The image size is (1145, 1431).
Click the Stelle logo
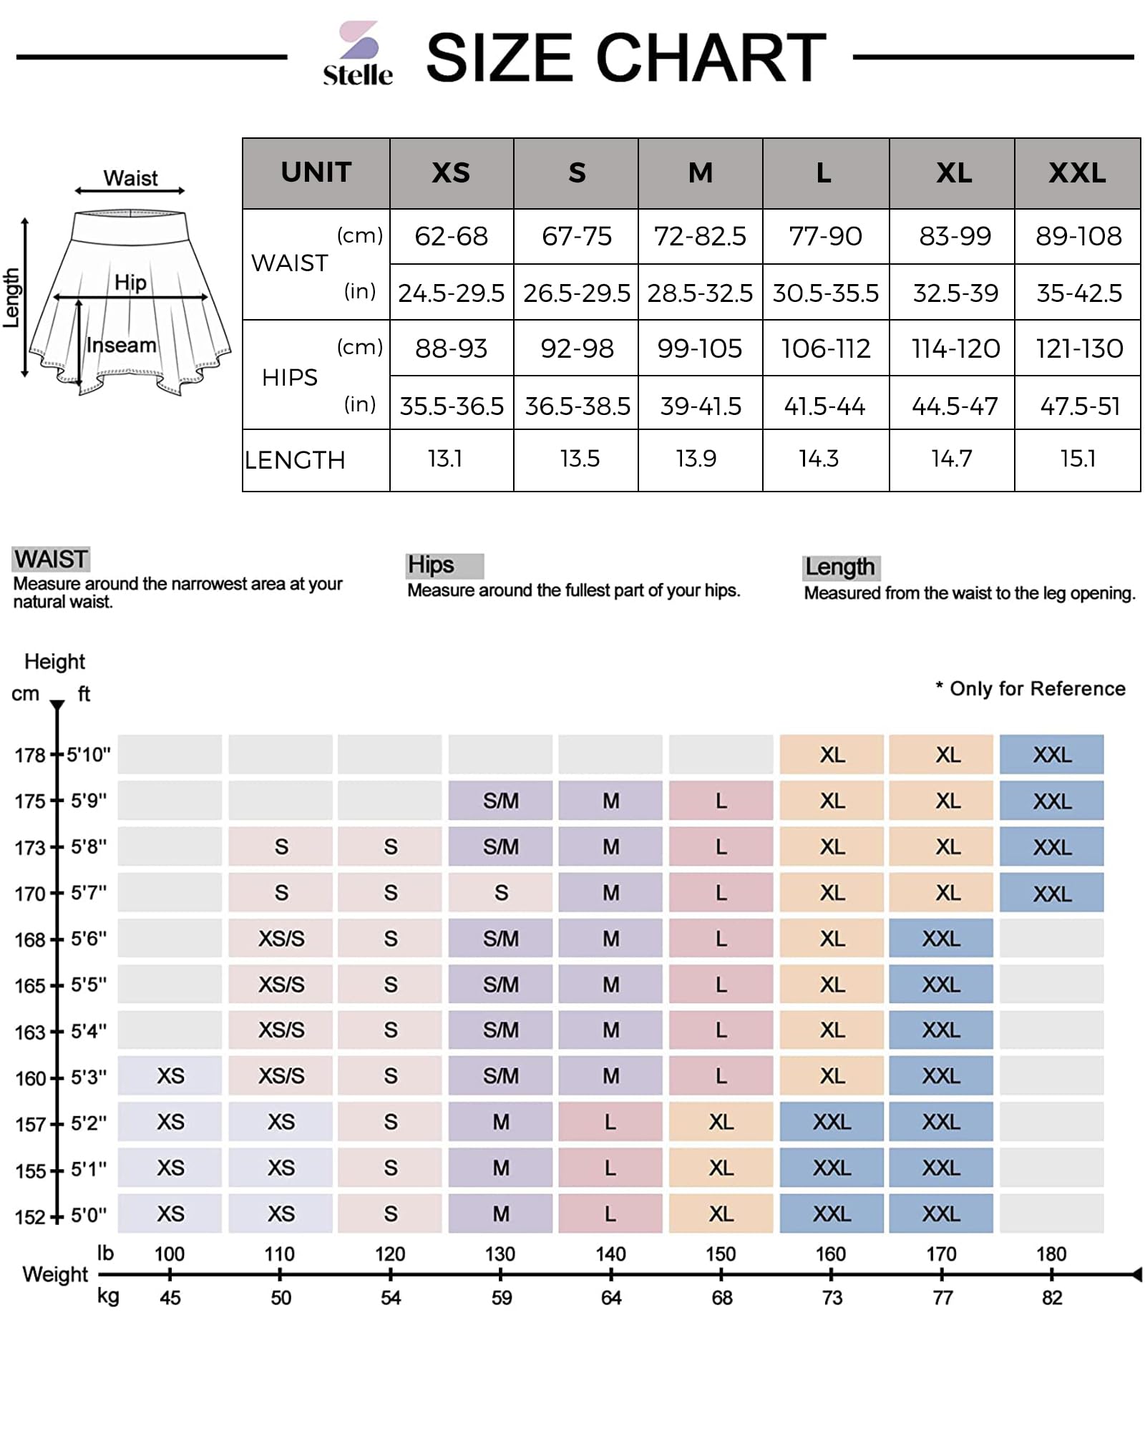click(x=358, y=54)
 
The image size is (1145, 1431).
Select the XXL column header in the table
click(x=1077, y=173)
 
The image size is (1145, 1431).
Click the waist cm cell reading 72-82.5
click(x=700, y=236)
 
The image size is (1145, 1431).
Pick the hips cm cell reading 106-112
click(x=825, y=348)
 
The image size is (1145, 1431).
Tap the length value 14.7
click(x=951, y=459)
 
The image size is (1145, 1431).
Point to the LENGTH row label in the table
click(x=295, y=460)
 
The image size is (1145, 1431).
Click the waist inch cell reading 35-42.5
click(x=1078, y=293)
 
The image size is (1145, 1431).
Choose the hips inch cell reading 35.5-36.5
click(x=452, y=406)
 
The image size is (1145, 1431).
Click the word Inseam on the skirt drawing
click(x=121, y=345)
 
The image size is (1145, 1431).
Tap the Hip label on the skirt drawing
click(x=130, y=283)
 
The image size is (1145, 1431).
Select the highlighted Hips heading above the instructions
click(x=432, y=565)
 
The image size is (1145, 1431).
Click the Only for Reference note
click(x=1030, y=688)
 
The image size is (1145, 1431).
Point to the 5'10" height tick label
click(x=89, y=755)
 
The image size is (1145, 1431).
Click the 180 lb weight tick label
click(x=1051, y=1254)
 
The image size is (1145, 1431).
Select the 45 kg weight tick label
click(x=170, y=1297)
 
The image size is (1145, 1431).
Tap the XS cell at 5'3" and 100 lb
click(x=170, y=1075)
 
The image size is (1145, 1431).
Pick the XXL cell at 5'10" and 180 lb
click(x=1051, y=755)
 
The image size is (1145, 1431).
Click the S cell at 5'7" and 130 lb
click(x=501, y=892)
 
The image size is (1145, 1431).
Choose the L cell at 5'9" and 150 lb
click(x=721, y=801)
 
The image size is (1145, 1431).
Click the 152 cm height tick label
click(x=30, y=1216)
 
